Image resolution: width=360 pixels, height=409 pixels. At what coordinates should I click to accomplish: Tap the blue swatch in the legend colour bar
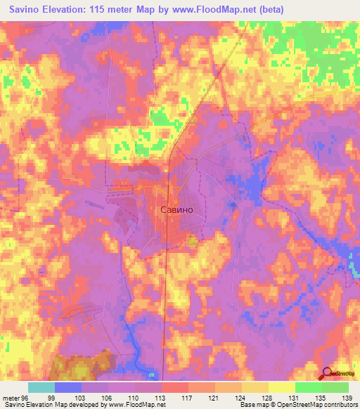(68, 387)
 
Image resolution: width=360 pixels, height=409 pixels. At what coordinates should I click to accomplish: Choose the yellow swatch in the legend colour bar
(281, 387)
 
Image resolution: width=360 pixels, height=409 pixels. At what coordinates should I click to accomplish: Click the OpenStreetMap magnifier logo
(328, 374)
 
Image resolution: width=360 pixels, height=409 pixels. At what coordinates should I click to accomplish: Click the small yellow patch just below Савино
(192, 242)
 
